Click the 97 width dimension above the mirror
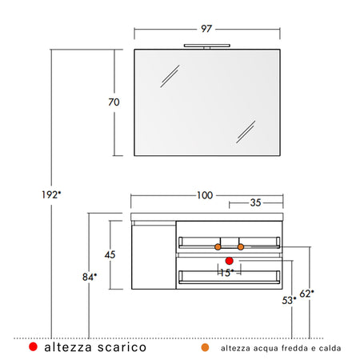[x=206, y=29]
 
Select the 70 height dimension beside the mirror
[x=114, y=102]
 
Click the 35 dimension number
[x=255, y=203]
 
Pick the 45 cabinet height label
[x=110, y=254]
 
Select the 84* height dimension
[x=89, y=277]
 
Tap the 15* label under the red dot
[x=226, y=273]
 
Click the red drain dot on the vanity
[x=229, y=261]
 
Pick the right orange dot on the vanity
[x=241, y=246]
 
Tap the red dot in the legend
[x=33, y=347]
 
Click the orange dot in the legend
[x=206, y=348]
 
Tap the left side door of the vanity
[x=152, y=256]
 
